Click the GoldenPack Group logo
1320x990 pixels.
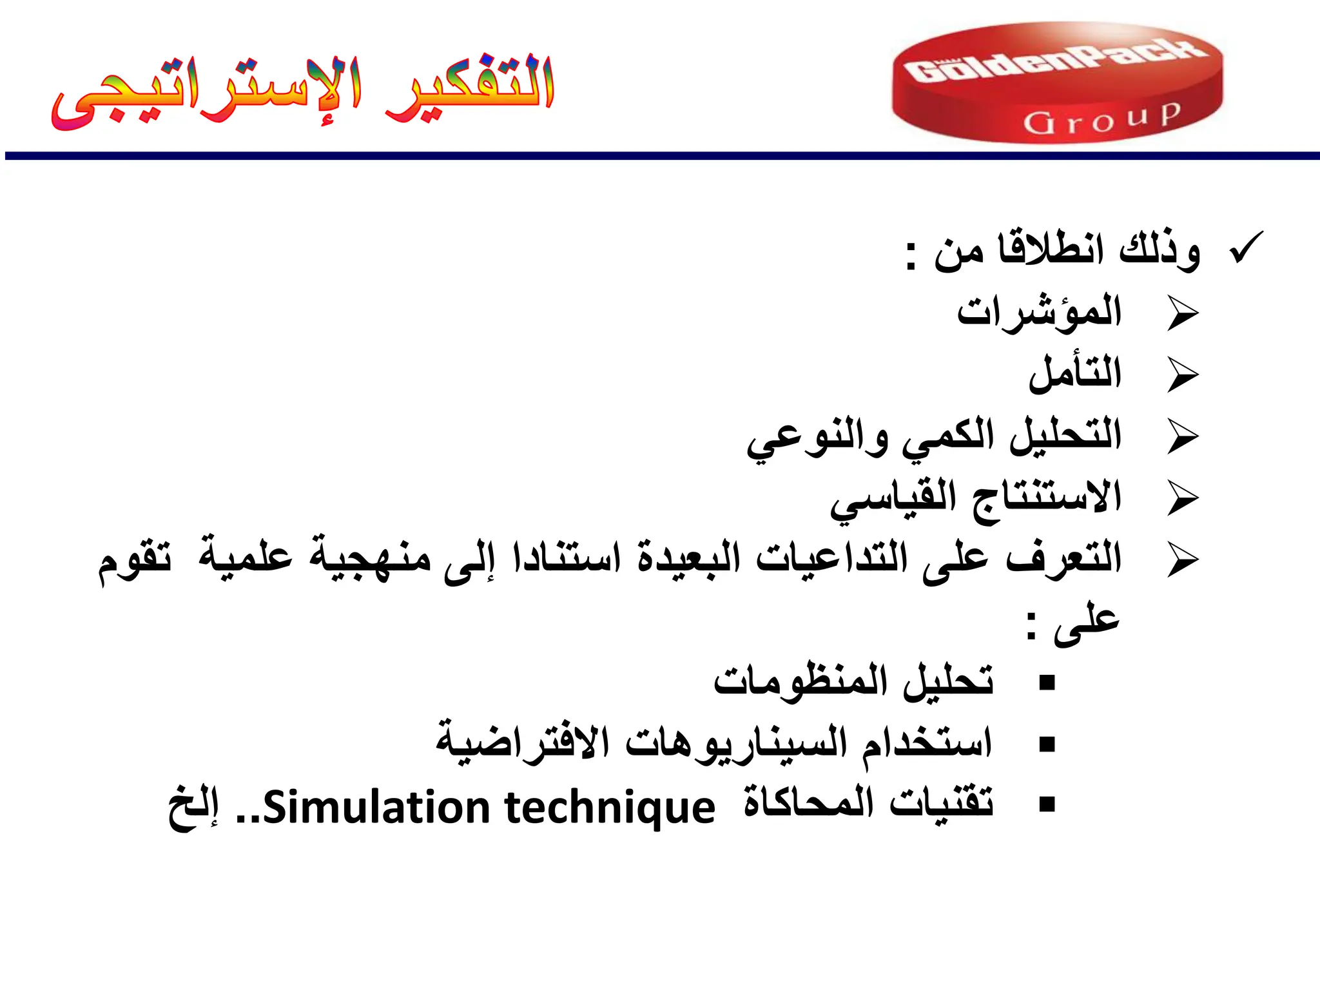pyautogui.click(x=1057, y=82)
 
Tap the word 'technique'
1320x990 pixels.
pyautogui.click(x=610, y=808)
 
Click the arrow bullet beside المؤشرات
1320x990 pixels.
pyautogui.click(x=1183, y=315)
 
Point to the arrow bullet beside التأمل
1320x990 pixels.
pyautogui.click(x=1183, y=376)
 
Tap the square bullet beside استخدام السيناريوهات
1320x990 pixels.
pyautogui.click(x=1047, y=744)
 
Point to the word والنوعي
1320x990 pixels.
pyautogui.click(x=817, y=437)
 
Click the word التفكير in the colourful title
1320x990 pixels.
pyautogui.click(x=469, y=87)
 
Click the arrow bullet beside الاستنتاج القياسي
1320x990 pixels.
pyautogui.click(x=1183, y=499)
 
